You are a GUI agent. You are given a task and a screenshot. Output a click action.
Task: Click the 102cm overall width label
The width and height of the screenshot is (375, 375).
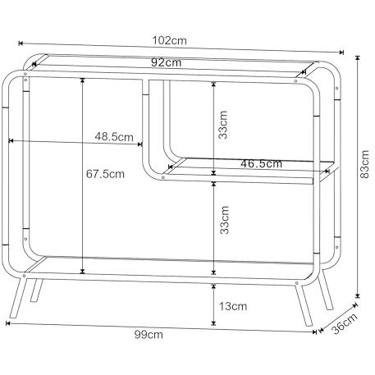169,40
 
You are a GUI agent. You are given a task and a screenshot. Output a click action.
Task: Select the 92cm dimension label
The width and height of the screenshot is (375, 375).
166,62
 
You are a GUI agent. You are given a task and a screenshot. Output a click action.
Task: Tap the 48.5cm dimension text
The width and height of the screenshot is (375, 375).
114,136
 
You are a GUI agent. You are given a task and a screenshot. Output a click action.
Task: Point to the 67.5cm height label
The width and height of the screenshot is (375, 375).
105,174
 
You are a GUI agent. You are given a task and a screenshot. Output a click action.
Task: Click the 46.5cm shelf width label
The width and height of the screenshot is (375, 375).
261,163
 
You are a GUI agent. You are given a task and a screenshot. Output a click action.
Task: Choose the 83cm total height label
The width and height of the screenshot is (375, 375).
365,164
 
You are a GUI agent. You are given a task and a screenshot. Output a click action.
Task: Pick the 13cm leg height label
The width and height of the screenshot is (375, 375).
233,306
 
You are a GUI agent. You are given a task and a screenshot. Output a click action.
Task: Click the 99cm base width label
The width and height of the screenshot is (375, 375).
149,335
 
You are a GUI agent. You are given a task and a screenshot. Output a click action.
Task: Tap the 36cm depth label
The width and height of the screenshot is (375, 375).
345,323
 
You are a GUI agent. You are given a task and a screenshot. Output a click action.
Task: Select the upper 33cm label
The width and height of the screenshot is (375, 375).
223,125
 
